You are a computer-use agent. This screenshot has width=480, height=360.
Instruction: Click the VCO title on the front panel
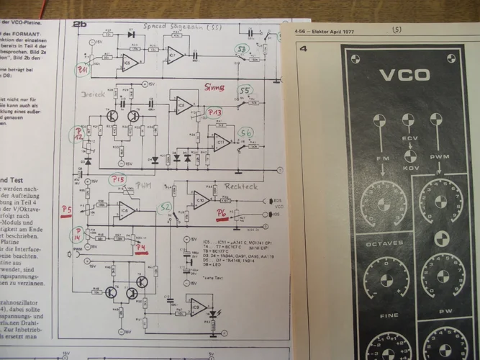404,75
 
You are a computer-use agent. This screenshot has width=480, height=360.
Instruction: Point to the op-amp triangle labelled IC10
201,198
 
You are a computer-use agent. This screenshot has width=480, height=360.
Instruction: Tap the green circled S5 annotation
245,91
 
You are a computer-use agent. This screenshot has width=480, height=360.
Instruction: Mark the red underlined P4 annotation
142,250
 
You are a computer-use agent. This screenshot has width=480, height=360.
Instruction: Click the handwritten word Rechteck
240,186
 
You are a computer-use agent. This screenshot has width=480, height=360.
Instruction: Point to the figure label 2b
79,24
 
